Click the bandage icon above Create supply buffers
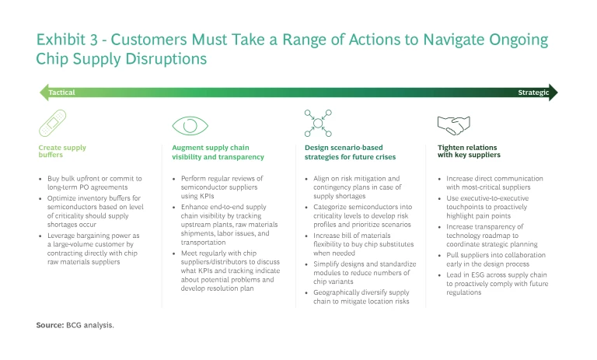53,123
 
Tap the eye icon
190,126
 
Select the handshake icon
453,125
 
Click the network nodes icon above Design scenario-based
318,123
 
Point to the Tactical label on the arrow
61,93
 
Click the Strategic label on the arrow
533,93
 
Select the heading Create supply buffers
62,151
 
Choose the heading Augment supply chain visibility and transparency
218,152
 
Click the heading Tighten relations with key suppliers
469,151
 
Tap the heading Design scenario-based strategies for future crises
350,152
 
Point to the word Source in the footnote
50,325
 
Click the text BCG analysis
90,325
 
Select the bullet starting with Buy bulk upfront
94,183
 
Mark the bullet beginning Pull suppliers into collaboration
496,260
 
